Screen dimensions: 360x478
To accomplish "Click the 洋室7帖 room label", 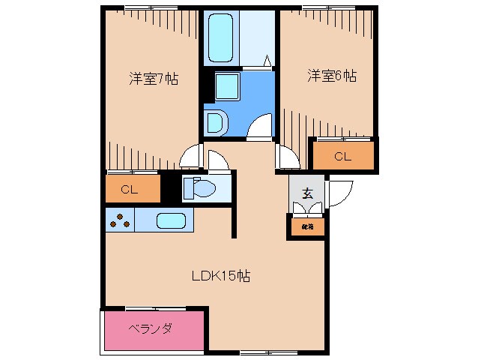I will tap(153, 77).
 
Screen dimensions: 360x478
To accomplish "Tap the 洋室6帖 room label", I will tap(330, 76).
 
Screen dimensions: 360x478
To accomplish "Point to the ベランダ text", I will tap(150, 328).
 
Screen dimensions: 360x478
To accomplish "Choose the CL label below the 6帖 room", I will tap(342, 157).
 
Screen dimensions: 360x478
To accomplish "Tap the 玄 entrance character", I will tap(307, 192).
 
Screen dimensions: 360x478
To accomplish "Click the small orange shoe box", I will tap(307, 225).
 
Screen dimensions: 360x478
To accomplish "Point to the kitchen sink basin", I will tap(171, 220).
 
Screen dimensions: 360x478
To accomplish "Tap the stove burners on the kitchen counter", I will tap(120, 220).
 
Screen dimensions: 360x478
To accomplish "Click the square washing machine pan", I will tap(226, 87).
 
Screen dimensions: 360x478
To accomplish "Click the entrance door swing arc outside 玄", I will tap(338, 192).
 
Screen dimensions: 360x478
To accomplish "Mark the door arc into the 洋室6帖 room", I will tap(288, 157).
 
